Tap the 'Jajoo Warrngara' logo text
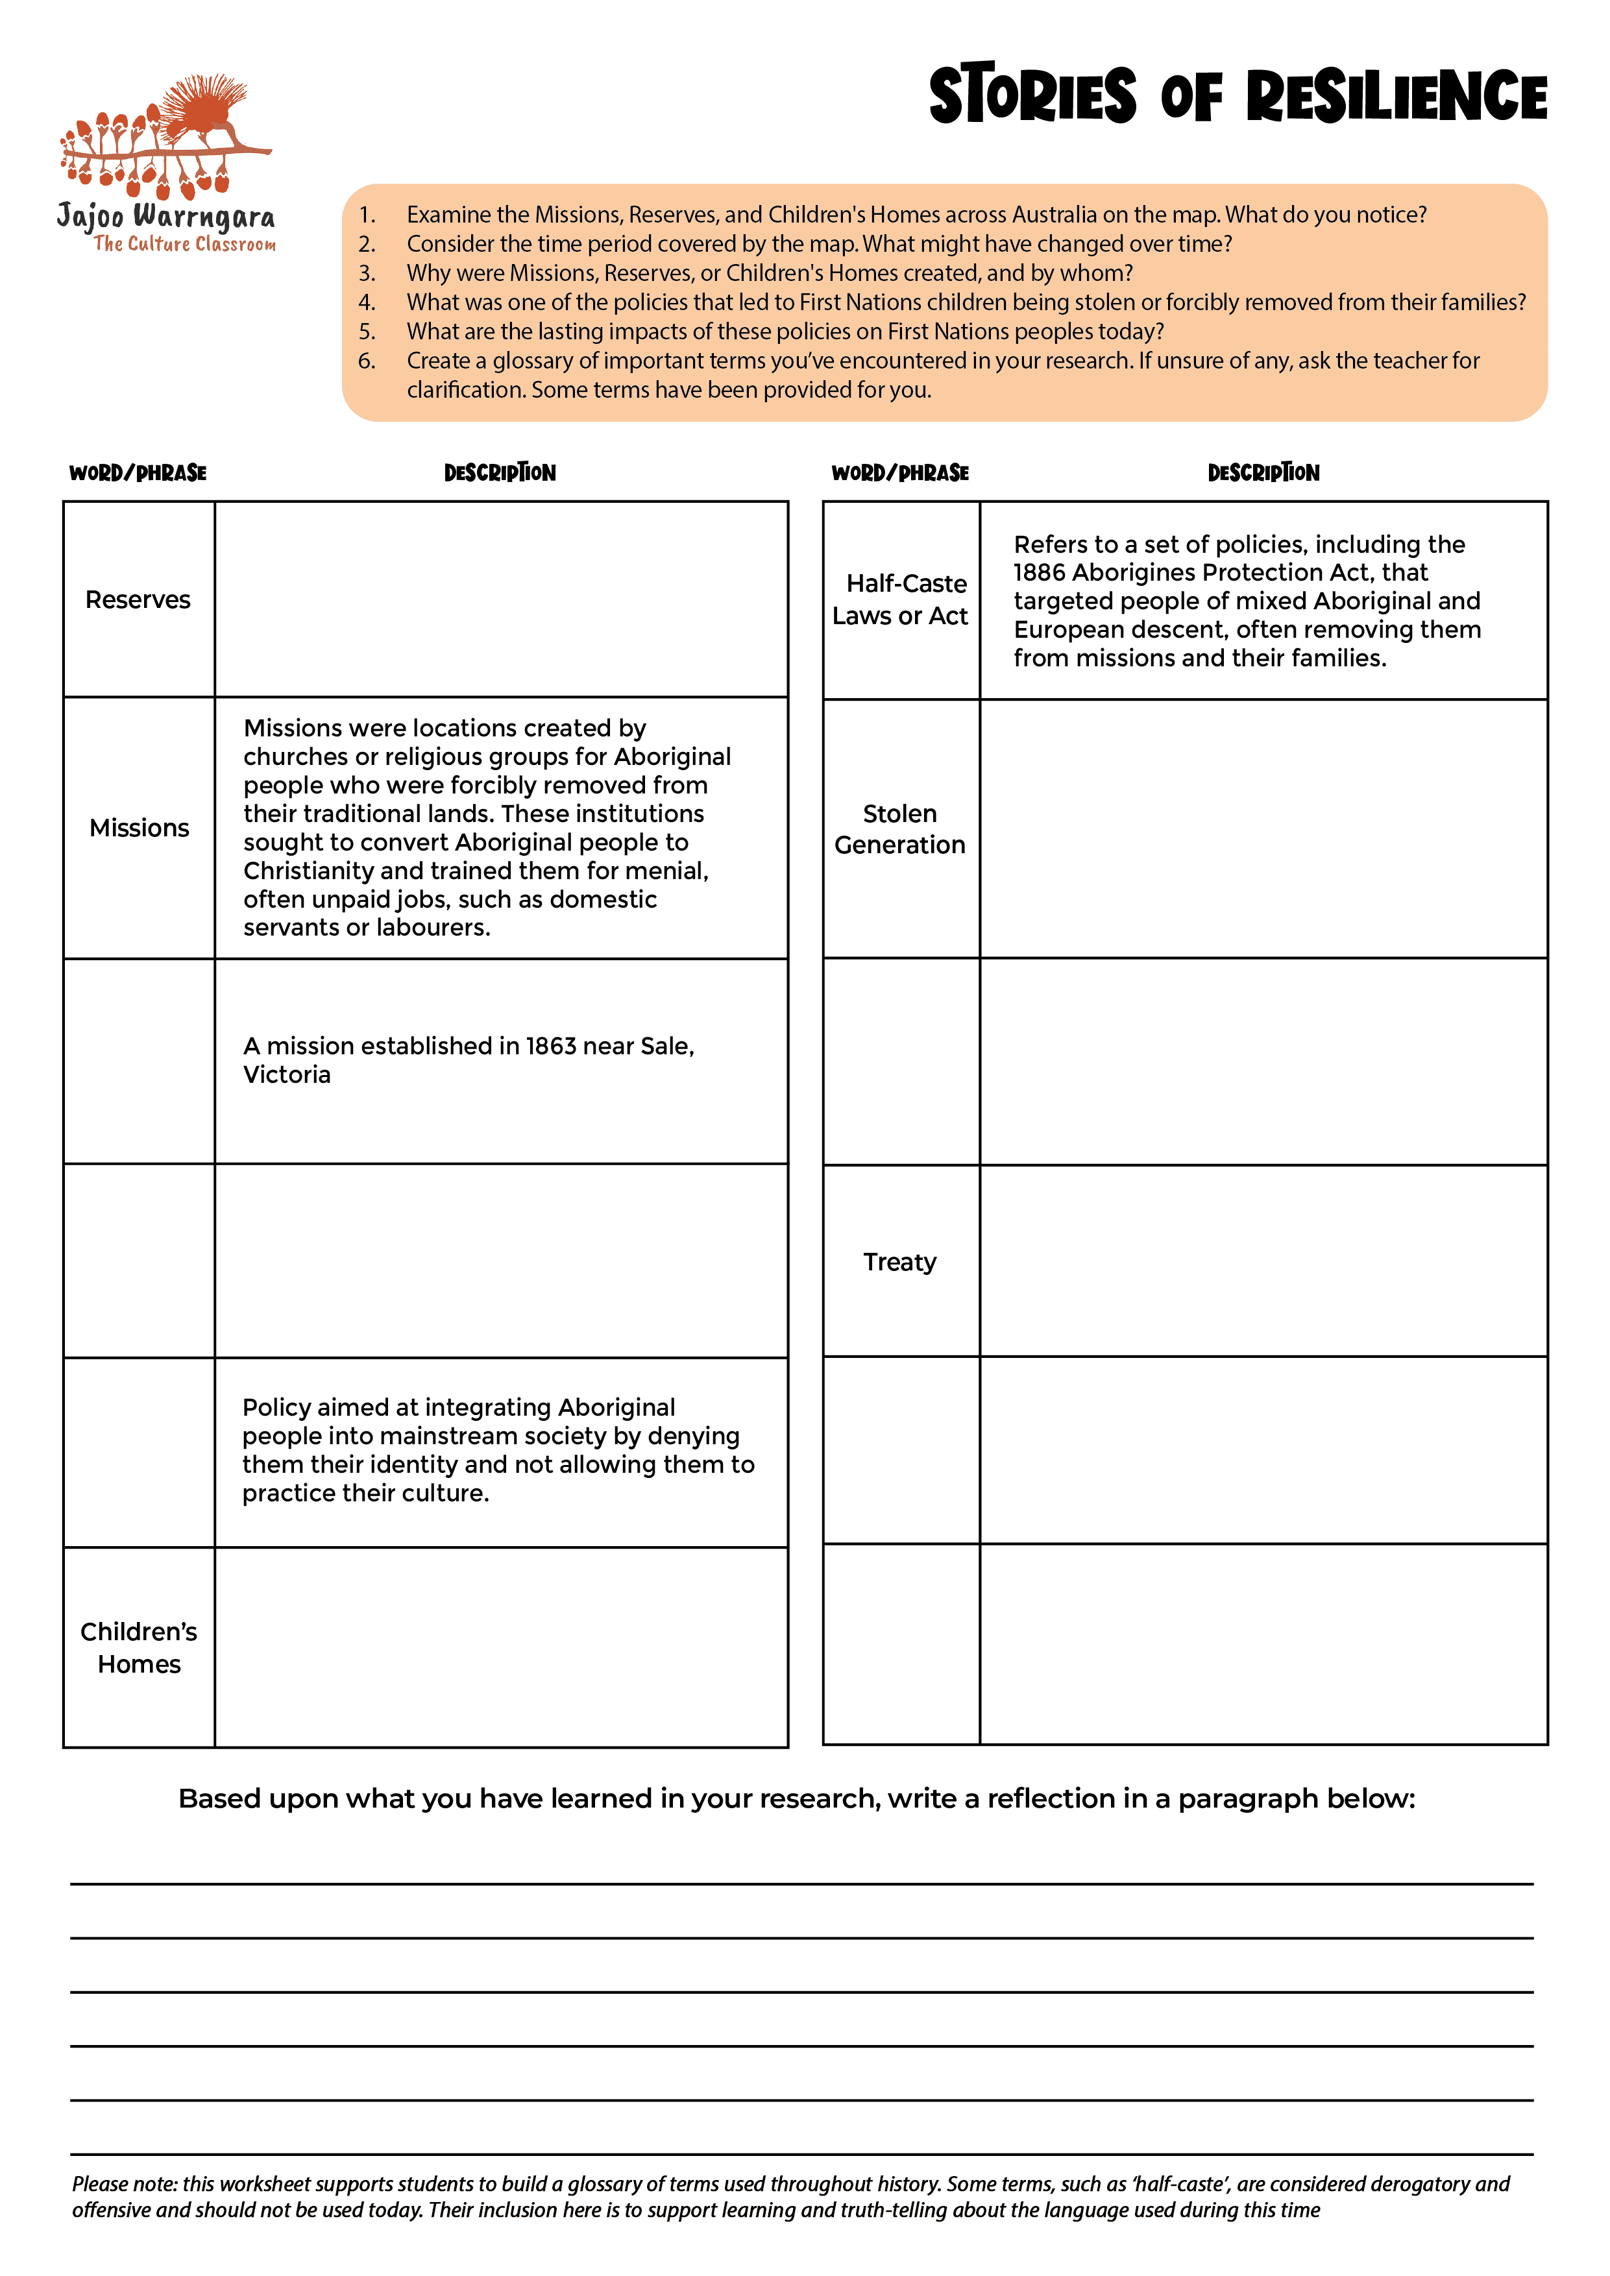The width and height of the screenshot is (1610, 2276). click(x=165, y=215)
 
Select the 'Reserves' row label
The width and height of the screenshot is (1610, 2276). click(x=138, y=599)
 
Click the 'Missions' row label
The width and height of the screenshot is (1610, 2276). click(x=139, y=828)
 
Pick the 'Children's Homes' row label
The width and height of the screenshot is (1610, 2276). click(x=139, y=1647)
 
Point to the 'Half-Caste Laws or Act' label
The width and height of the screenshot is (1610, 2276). click(x=900, y=599)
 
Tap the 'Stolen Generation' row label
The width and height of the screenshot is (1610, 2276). click(x=899, y=829)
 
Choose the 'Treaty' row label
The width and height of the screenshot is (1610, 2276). click(x=899, y=1262)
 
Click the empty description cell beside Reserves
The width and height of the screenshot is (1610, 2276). click(x=500, y=599)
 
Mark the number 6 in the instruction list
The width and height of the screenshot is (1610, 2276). click(x=366, y=361)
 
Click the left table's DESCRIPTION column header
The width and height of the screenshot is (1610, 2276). click(x=500, y=473)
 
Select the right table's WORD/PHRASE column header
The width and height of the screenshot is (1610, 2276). click(x=900, y=473)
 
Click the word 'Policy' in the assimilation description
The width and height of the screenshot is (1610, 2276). click(x=278, y=1408)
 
